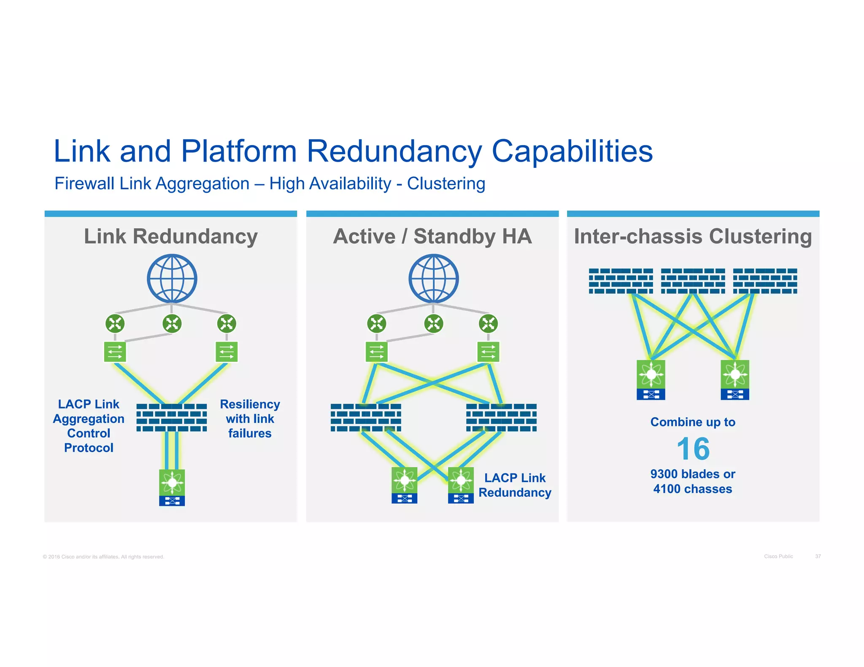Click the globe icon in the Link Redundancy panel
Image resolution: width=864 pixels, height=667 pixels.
click(172, 278)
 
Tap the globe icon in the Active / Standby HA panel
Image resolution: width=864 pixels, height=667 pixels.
click(433, 278)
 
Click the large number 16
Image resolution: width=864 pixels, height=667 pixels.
click(693, 449)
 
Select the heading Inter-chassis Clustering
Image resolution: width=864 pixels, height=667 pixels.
click(693, 236)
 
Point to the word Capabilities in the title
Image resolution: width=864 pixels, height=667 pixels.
click(572, 152)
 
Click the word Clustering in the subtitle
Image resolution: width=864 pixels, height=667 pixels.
click(446, 184)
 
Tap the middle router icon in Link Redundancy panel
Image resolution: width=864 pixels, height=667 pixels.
click(172, 324)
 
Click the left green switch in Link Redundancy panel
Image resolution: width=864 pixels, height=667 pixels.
click(115, 352)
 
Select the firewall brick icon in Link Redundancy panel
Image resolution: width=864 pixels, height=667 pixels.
click(172, 417)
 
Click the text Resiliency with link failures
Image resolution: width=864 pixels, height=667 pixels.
click(250, 419)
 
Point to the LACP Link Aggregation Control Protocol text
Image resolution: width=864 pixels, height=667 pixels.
click(89, 426)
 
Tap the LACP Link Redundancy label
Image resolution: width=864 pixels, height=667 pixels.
click(515, 485)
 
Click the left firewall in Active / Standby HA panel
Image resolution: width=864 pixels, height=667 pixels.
click(366, 417)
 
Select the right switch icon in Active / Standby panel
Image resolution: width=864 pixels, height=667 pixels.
click(488, 352)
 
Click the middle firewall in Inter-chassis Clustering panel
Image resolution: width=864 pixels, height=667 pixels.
click(693, 281)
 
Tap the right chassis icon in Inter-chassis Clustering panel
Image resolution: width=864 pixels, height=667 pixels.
click(735, 379)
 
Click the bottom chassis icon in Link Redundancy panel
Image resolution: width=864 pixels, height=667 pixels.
click(172, 487)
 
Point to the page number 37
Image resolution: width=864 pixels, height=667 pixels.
click(818, 557)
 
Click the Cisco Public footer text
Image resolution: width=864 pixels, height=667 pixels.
click(778, 557)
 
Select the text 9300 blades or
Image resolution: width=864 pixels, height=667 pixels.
click(693, 474)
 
